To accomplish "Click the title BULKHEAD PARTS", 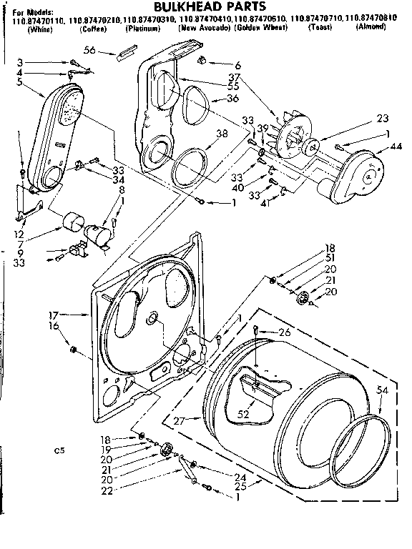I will pyautogui.click(x=207, y=6).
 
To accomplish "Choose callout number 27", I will pyautogui.click(x=179, y=422).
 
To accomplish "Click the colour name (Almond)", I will pyautogui.click(x=372, y=27).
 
